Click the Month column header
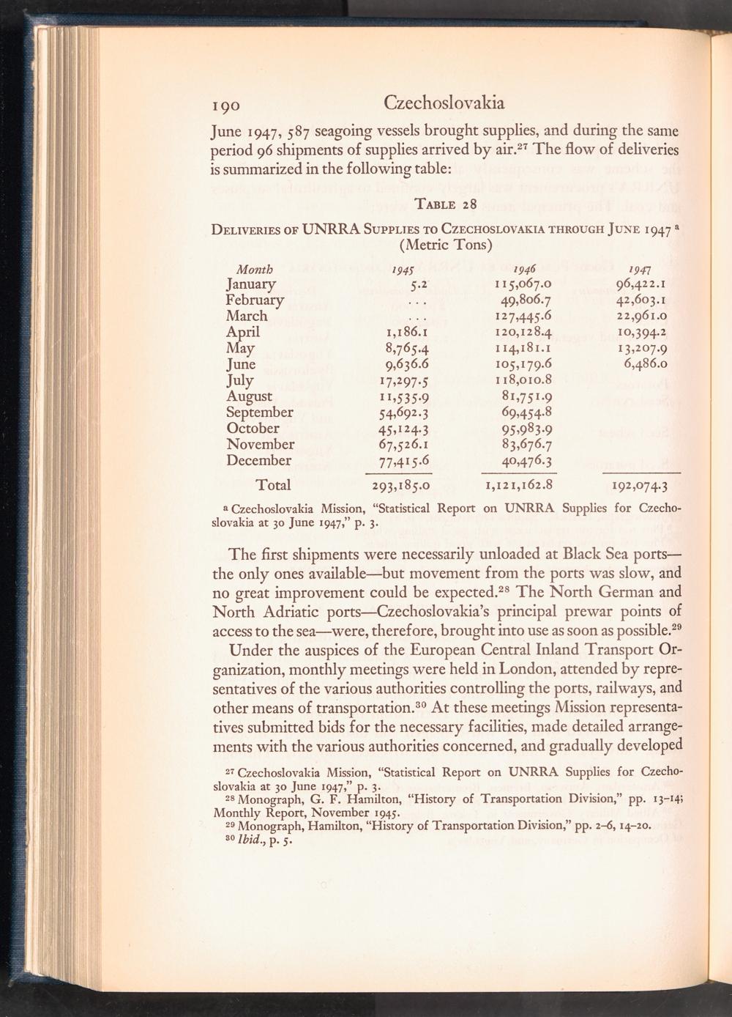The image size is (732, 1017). tap(250, 268)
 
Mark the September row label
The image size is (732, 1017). tap(260, 413)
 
